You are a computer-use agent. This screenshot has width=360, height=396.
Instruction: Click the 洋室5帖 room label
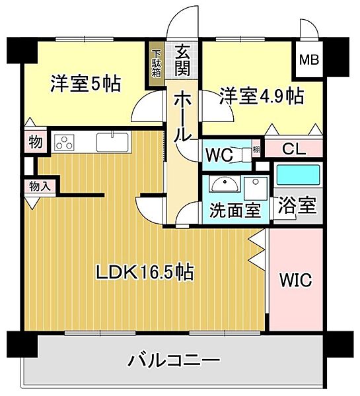coord(86,84)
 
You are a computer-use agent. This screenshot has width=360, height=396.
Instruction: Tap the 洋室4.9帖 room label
coord(262,96)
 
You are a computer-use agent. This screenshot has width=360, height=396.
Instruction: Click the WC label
coord(219,156)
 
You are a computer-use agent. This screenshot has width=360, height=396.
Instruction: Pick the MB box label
coord(309,61)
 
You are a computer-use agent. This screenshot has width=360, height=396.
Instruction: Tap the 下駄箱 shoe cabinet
coord(156,63)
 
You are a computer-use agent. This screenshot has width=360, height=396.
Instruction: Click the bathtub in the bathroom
coord(298,175)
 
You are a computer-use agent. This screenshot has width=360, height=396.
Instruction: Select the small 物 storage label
coord(36,142)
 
